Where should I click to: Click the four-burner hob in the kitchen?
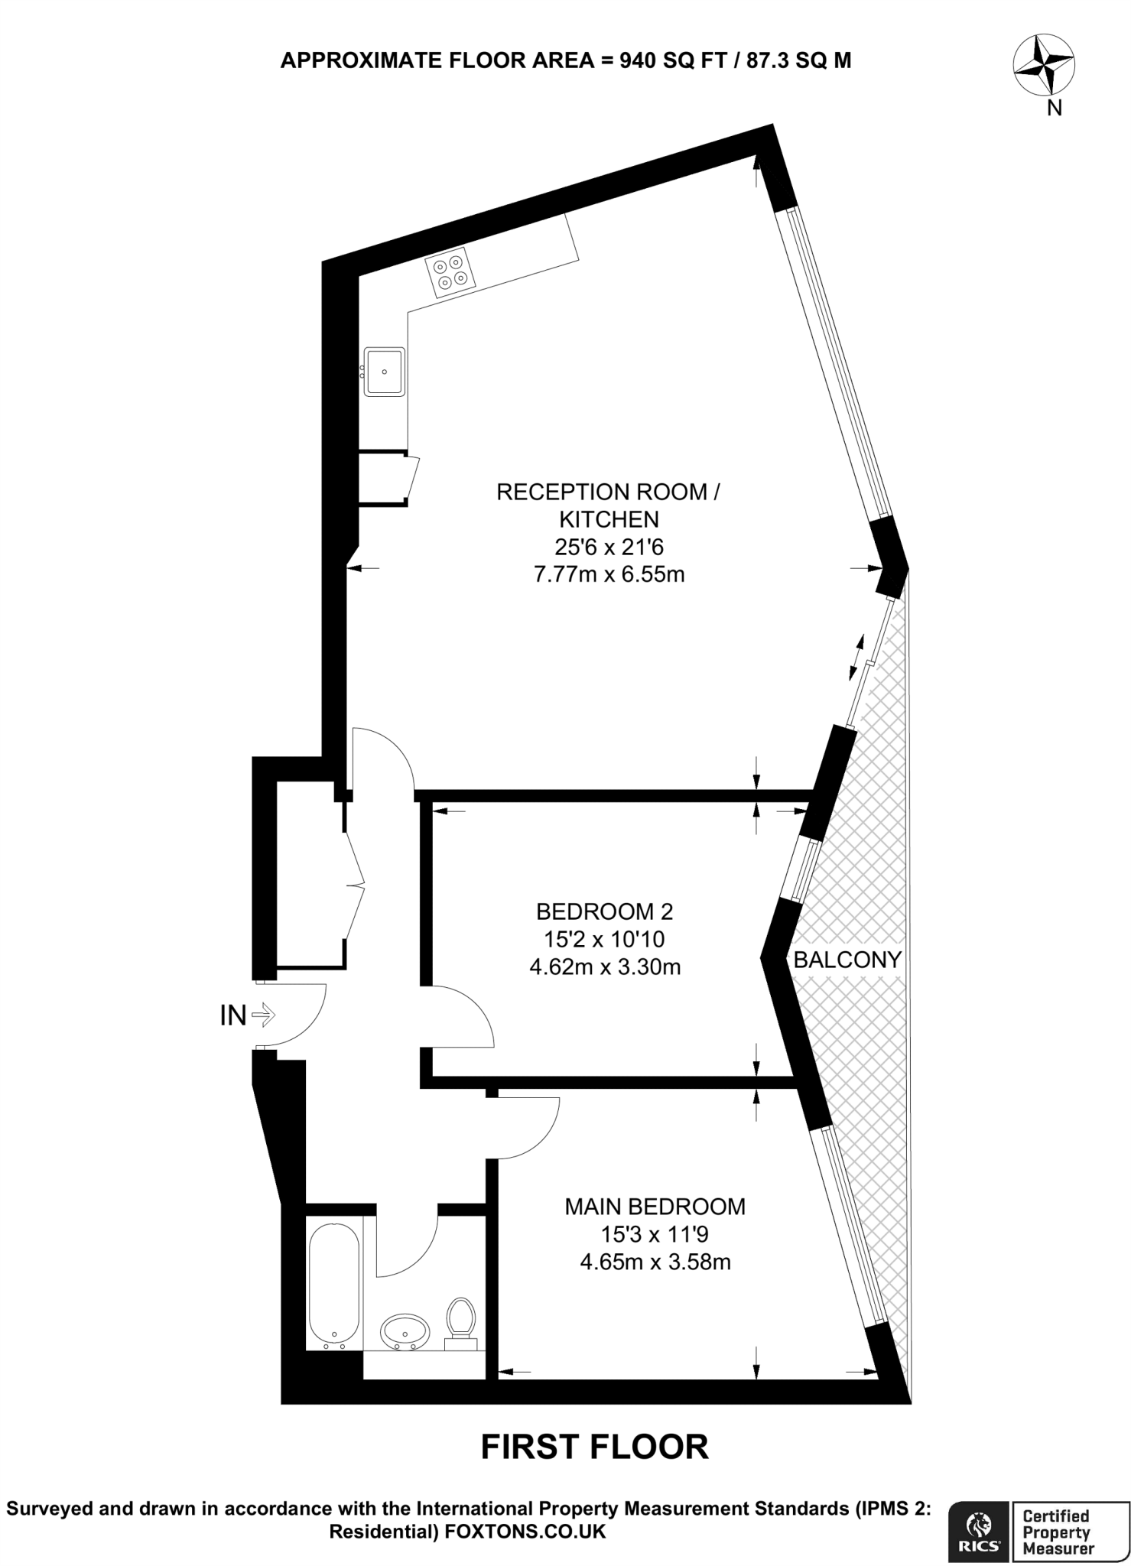pos(450,273)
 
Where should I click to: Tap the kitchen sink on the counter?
pos(384,372)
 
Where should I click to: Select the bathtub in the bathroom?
pos(333,1288)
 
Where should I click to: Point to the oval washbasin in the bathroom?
pos(405,1331)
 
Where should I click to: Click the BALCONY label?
pos(847,960)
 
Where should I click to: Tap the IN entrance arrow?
pos(262,1015)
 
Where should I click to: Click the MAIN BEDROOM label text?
pos(655,1207)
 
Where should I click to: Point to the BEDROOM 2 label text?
pos(604,911)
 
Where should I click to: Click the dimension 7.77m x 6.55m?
pos(609,574)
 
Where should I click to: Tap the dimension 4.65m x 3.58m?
pos(655,1262)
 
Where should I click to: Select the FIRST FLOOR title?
pos(594,1447)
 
